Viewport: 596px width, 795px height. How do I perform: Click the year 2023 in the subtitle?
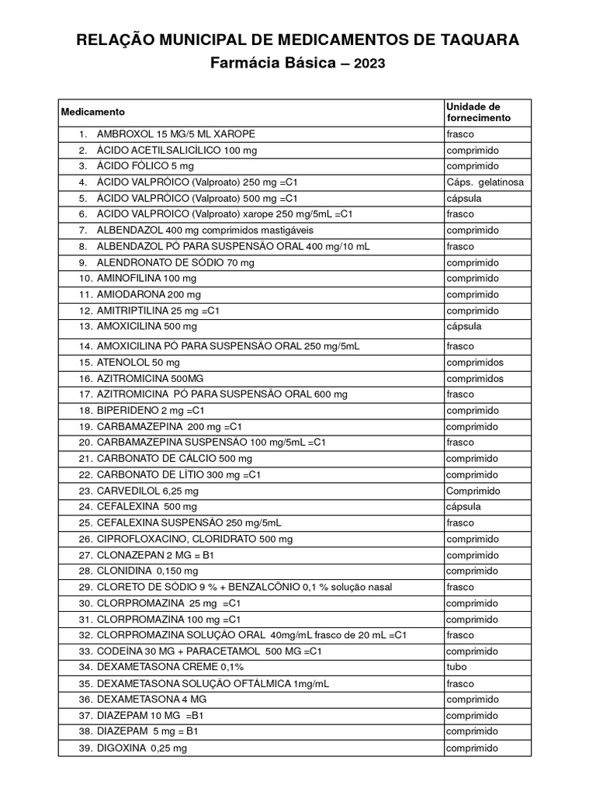pos(369,66)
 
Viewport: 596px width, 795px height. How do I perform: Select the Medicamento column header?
pos(92,112)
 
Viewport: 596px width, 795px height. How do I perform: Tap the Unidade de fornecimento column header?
pos(478,112)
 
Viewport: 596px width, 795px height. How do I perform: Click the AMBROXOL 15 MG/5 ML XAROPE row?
pos(175,134)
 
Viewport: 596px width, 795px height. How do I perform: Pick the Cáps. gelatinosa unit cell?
pos(485,182)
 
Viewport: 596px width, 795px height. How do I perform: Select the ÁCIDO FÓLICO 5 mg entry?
pos(145,166)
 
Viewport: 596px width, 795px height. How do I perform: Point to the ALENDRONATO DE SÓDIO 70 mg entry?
pos(175,262)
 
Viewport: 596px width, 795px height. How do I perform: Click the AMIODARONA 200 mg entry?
pos(148,294)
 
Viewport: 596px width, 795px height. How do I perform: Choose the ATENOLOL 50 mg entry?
pos(138,363)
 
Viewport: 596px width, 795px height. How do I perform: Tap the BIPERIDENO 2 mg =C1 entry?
pos(150,410)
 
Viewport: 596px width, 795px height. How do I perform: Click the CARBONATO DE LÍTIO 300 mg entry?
pos(178,474)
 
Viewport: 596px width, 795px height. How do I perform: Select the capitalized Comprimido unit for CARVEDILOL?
pos(473,491)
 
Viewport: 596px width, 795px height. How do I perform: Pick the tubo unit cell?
pos(456,667)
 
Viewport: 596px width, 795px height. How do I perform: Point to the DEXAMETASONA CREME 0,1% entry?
pos(170,667)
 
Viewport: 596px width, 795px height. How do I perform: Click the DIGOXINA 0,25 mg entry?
pos(142,748)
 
